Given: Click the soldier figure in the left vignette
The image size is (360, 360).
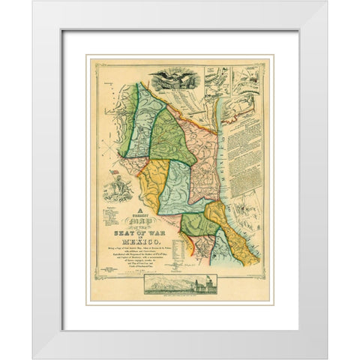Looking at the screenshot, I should pyautogui.click(x=124, y=187).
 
